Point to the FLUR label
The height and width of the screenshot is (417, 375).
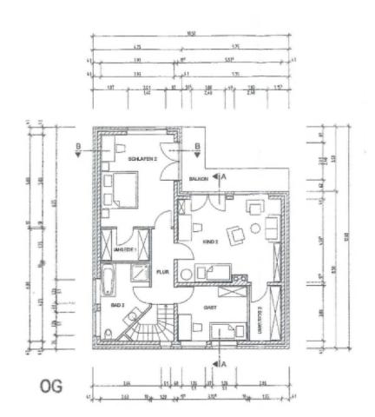(x=161, y=271)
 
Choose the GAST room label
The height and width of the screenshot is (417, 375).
(x=210, y=307)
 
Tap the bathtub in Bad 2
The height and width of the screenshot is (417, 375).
(x=109, y=281)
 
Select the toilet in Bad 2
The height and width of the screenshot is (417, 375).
(x=107, y=334)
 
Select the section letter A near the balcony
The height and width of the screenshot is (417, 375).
(x=225, y=175)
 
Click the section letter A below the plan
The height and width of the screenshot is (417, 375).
(x=223, y=362)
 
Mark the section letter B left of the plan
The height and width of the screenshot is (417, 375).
(x=79, y=147)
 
